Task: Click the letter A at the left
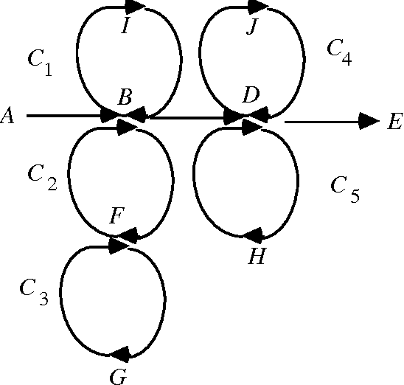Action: pyautogui.click(x=8, y=116)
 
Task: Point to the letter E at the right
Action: pyautogui.click(x=394, y=122)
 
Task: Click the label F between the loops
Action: pyautogui.click(x=116, y=218)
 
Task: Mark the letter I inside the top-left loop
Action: pyautogui.click(x=125, y=27)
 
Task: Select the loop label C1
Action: pyautogui.click(x=40, y=63)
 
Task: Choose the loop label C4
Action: pyautogui.click(x=338, y=50)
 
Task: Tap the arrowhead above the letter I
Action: pyautogui.click(x=136, y=7)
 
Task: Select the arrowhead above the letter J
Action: pyautogui.click(x=258, y=7)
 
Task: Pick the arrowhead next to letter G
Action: pyautogui.click(x=119, y=355)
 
